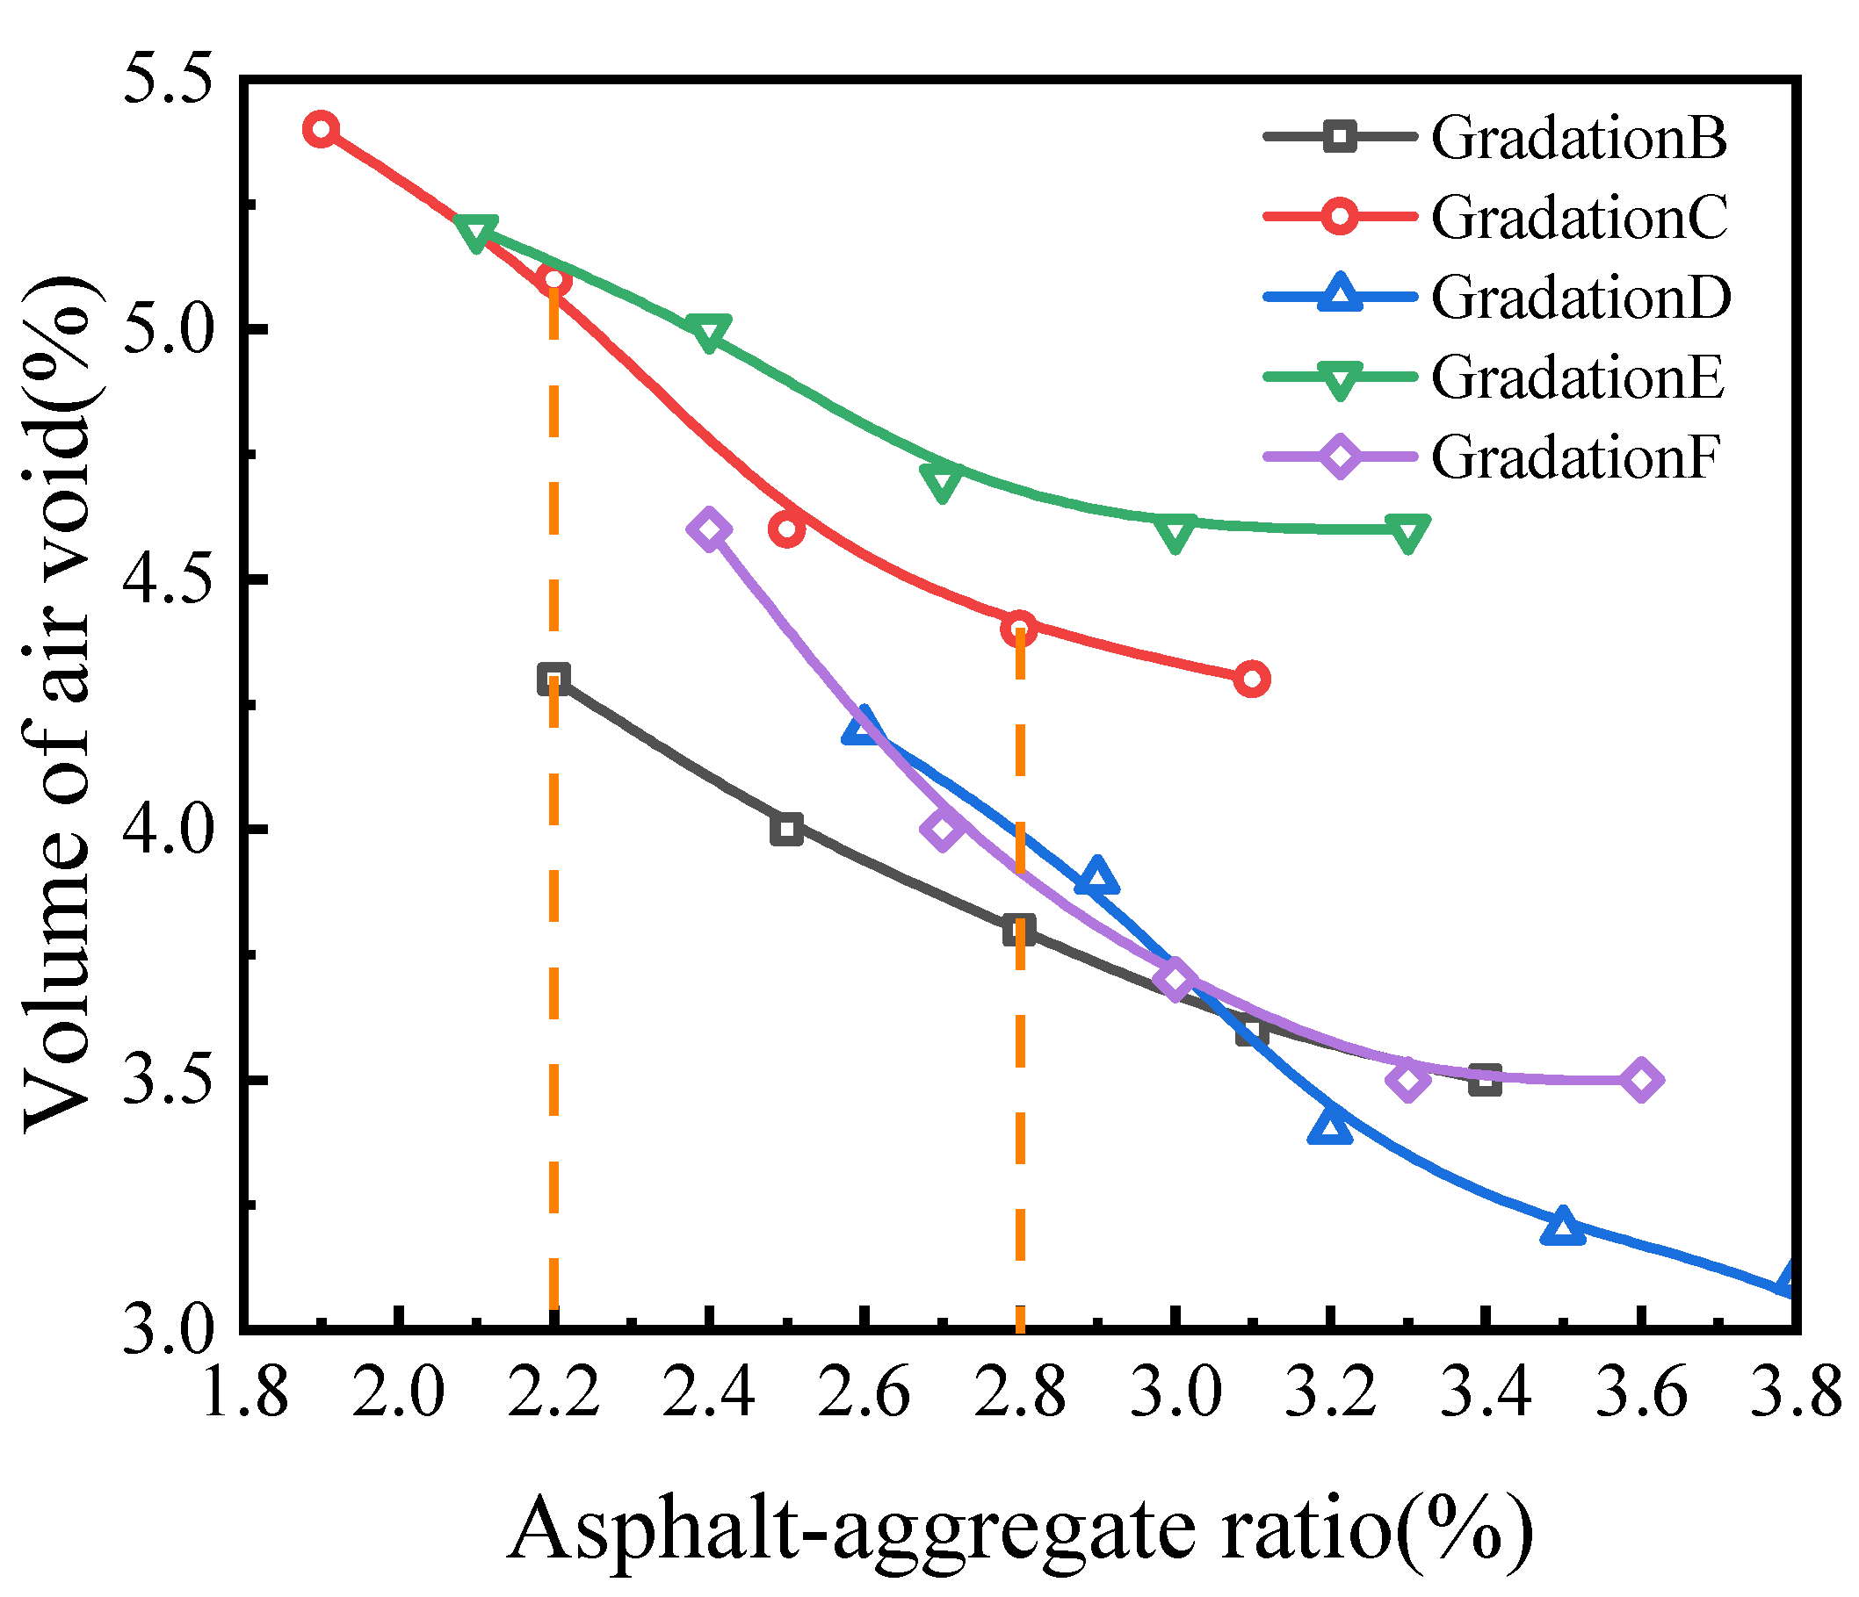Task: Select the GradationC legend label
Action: click(1577, 218)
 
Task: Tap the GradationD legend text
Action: click(1579, 298)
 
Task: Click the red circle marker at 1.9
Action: click(321, 129)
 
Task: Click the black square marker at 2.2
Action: click(553, 679)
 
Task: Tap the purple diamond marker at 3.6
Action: click(1641, 1080)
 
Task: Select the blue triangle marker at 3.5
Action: click(1563, 1227)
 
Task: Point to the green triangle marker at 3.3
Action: click(1407, 533)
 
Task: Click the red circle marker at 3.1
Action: click(1252, 680)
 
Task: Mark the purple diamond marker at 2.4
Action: click(709, 529)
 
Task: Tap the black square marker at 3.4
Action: click(1485, 1079)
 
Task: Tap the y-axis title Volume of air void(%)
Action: click(59, 703)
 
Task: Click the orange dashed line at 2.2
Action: click(553, 986)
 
